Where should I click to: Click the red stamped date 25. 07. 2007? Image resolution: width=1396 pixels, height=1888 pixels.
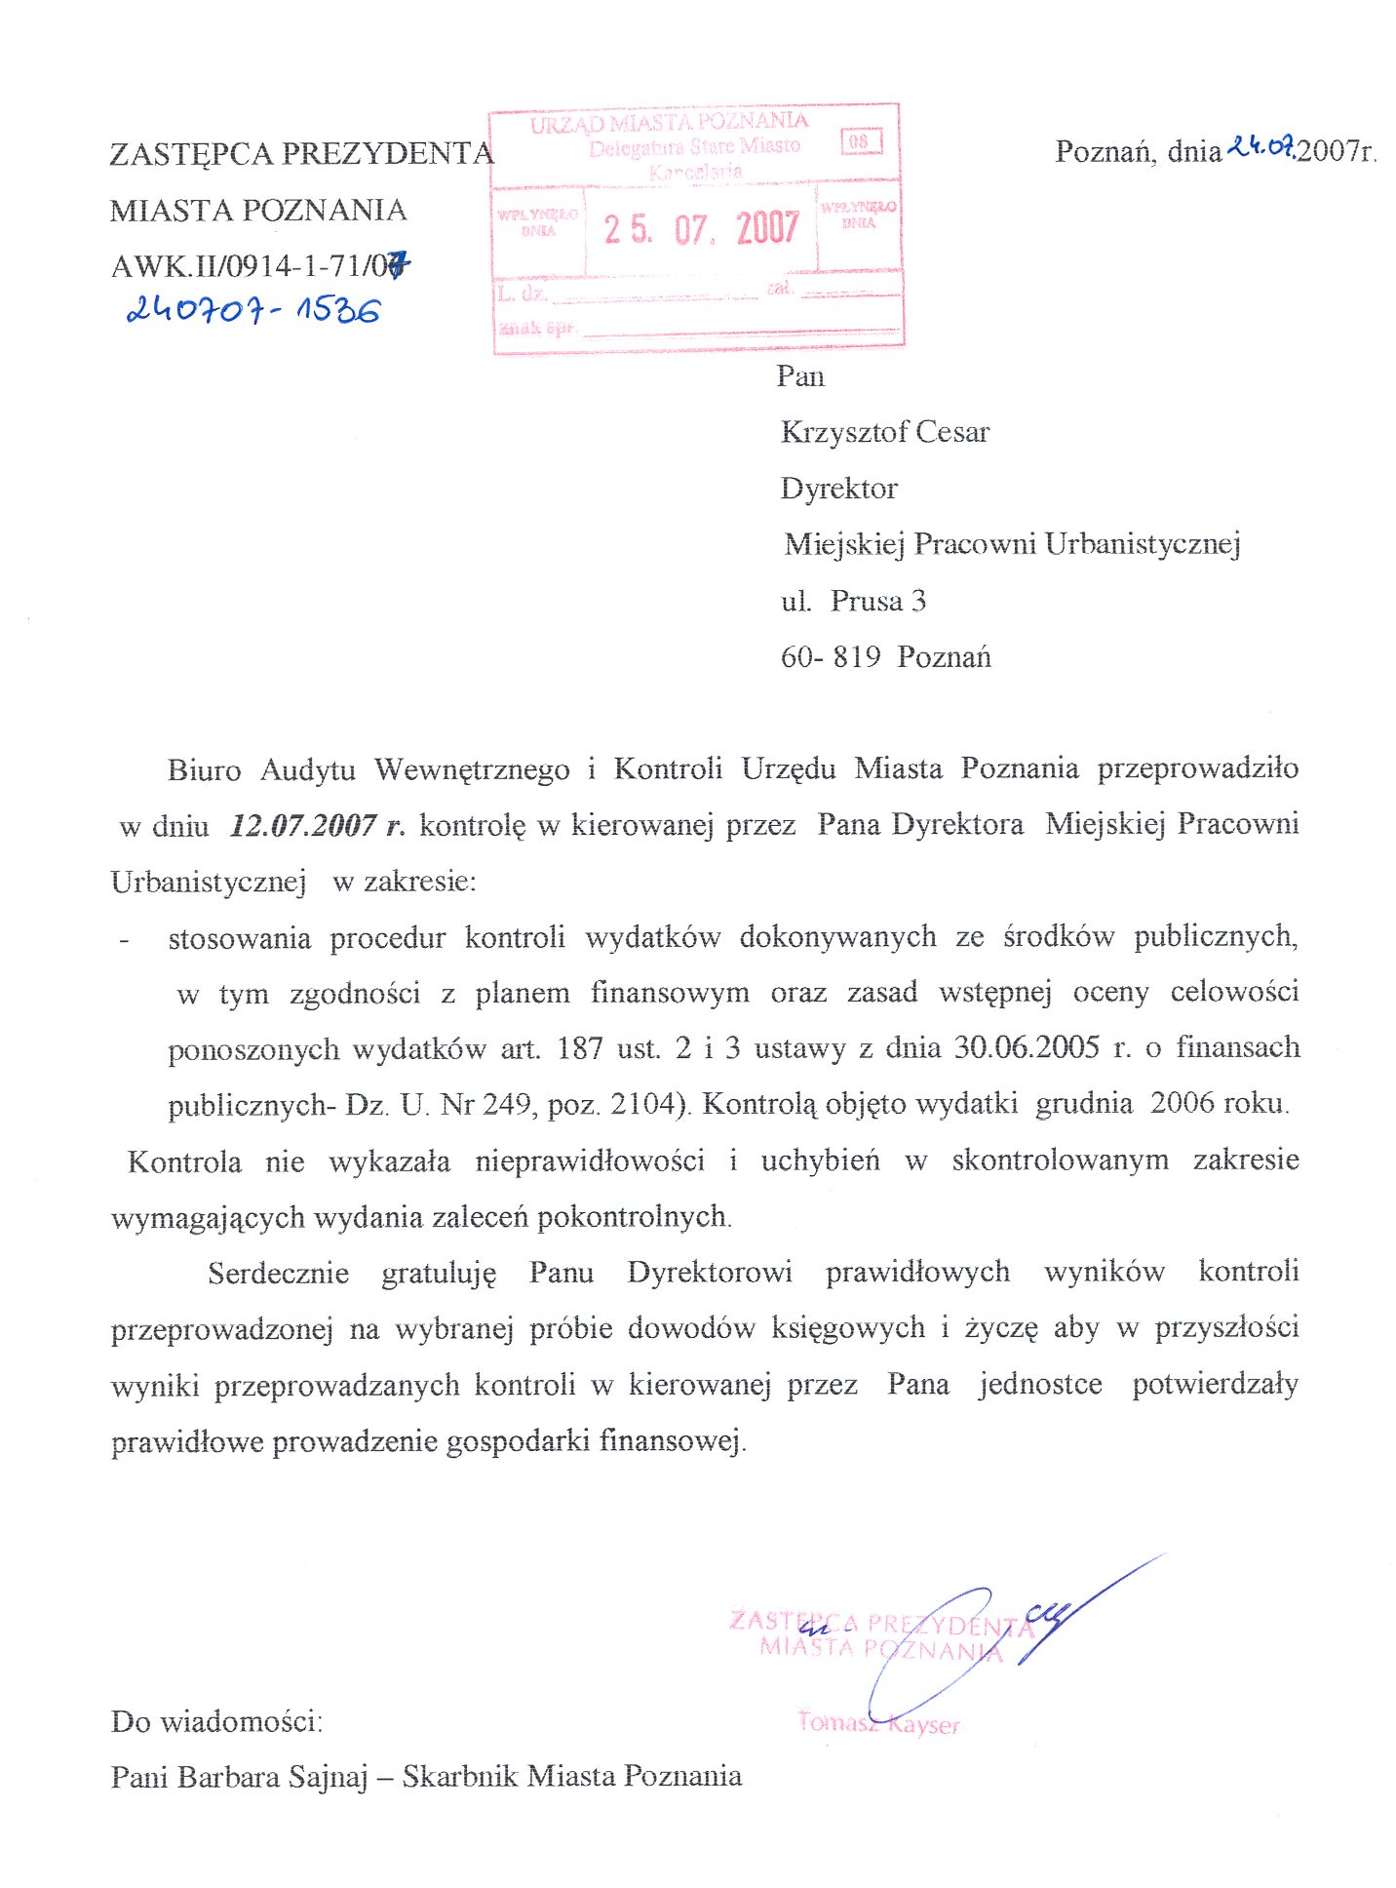point(701,228)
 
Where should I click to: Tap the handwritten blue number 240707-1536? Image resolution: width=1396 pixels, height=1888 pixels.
point(253,310)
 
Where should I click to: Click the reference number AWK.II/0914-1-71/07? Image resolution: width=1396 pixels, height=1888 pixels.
point(260,265)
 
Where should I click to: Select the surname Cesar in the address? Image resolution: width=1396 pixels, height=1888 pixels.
point(951,432)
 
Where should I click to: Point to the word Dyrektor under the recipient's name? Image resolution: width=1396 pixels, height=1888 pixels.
point(838,488)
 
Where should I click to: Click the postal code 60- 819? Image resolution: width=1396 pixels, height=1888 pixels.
point(831,657)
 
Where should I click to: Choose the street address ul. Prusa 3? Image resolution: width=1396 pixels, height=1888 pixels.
point(853,601)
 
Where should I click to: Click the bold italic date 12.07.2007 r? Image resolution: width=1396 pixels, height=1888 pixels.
point(317,826)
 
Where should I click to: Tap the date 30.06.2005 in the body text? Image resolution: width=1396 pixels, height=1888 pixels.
point(1027,1047)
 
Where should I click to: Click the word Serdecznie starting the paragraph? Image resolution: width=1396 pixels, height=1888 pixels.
point(278,1274)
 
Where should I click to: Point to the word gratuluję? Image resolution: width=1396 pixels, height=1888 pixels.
point(439,1274)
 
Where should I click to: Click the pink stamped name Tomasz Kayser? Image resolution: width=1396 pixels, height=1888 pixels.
point(878,1722)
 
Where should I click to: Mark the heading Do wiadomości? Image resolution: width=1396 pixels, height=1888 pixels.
point(216,1721)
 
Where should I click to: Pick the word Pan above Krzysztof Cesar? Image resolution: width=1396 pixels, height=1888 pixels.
point(800,376)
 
